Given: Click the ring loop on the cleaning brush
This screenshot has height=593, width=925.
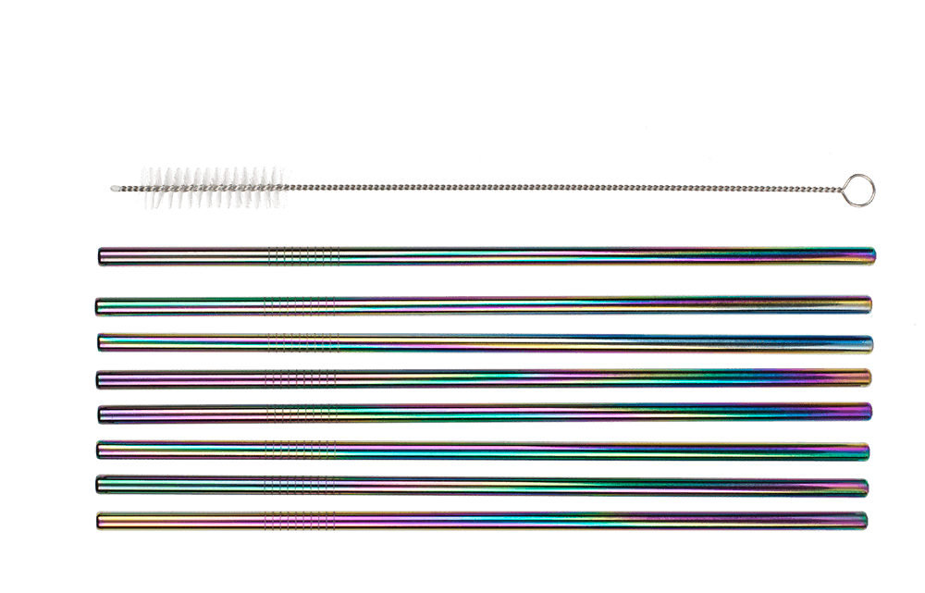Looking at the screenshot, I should coord(859,190).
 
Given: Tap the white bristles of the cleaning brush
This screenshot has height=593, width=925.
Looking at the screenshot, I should coord(212,188).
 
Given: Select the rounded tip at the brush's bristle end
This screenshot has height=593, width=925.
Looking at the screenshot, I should coord(115,188).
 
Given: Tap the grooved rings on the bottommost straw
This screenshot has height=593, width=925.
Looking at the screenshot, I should coord(298,522).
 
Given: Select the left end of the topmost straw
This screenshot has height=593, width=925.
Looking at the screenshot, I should coord(101,255).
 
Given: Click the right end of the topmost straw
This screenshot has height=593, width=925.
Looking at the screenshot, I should coord(872,254).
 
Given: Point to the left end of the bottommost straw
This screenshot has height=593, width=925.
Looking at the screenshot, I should coord(99,522).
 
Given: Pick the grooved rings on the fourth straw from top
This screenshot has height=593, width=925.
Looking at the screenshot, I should coord(299,378).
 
